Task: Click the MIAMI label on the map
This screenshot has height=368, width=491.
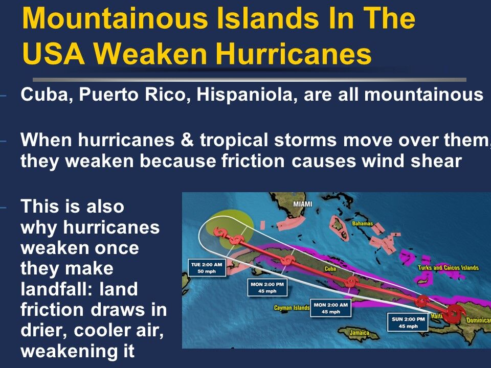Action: [302, 204]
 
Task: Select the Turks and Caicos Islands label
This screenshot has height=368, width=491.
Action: [448, 268]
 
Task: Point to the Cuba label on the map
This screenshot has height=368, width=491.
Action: [330, 269]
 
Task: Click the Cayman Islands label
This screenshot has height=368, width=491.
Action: [292, 308]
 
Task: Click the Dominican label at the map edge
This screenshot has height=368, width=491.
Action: [478, 320]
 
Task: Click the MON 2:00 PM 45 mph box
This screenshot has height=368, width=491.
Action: [266, 287]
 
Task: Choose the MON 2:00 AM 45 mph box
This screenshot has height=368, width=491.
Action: [330, 308]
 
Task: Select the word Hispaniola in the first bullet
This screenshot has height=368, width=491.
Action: [242, 95]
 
